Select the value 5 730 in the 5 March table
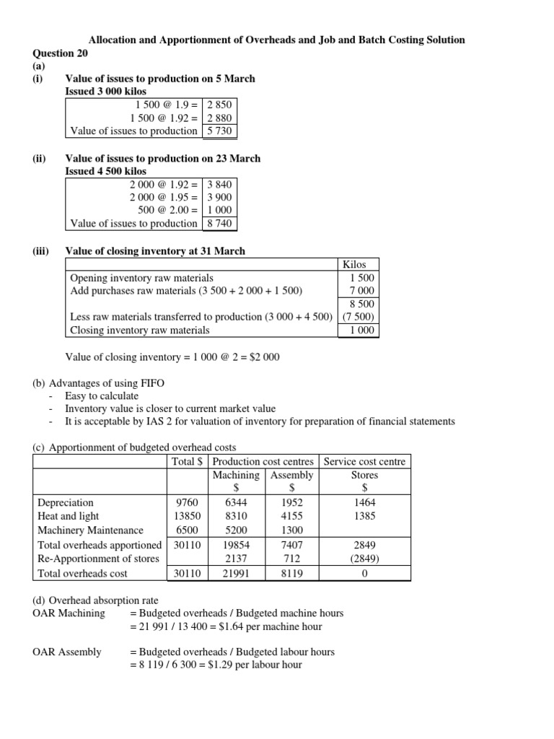coord(219,131)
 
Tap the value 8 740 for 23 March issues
coord(219,223)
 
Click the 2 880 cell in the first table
coord(219,118)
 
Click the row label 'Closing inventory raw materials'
coord(140,330)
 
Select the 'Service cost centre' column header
coord(364,461)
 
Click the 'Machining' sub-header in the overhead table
coord(236,475)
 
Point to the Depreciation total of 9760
coord(187,502)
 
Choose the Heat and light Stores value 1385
coord(364,516)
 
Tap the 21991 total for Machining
coord(236,573)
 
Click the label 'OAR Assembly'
coord(67,652)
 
